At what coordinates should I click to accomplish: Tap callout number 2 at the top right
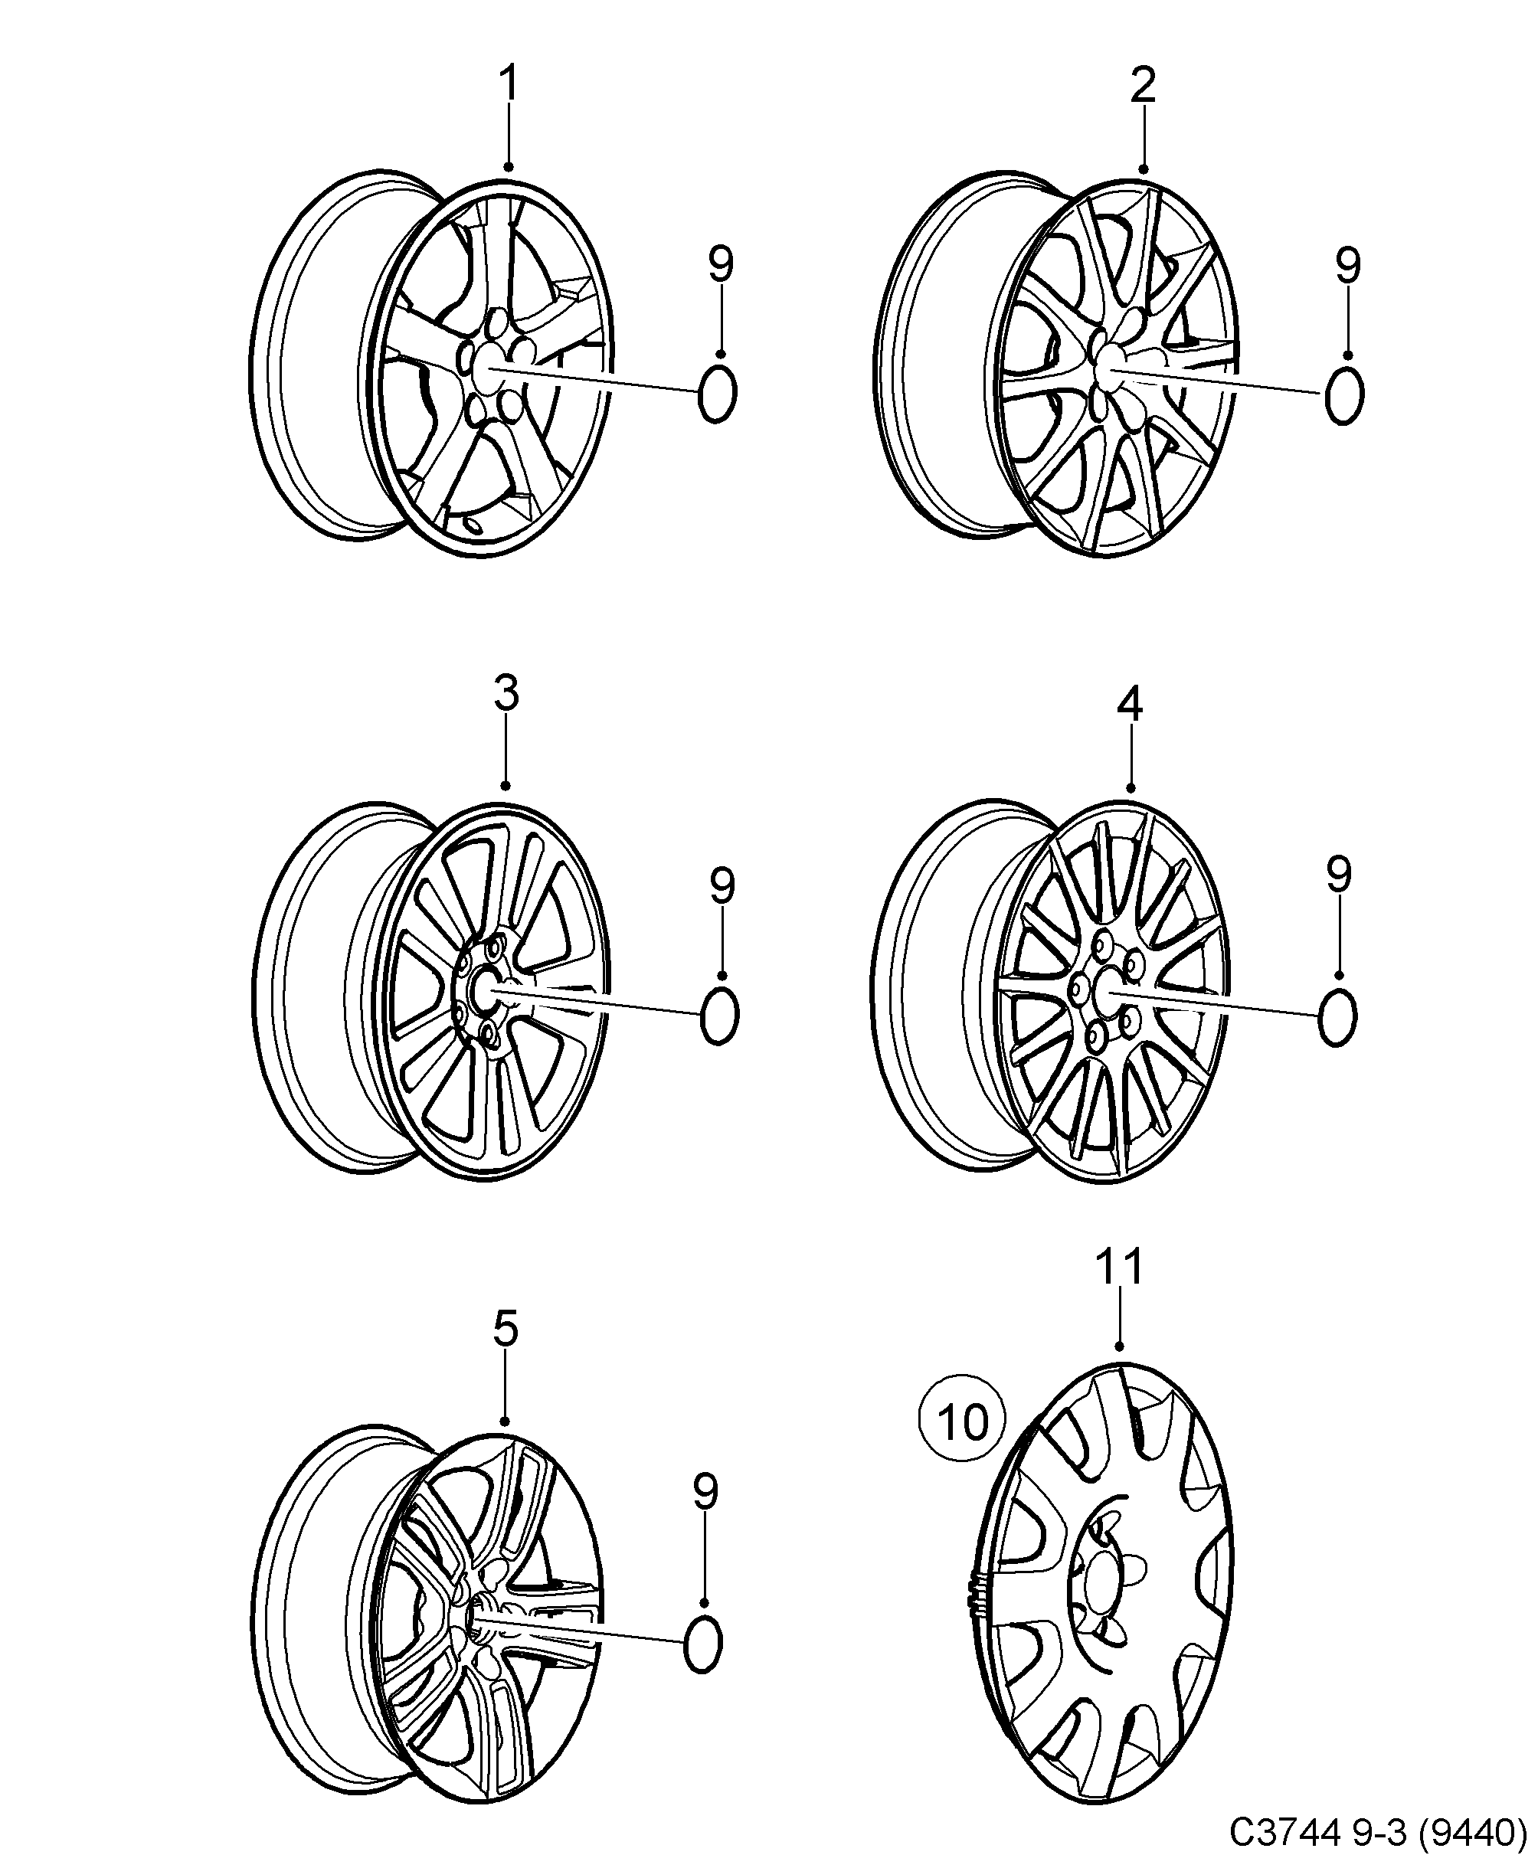pos(1142,85)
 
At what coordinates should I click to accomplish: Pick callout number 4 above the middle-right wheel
pos(1130,703)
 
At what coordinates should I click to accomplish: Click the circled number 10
pos(963,1423)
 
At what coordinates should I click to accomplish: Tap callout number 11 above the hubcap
pos(1120,1266)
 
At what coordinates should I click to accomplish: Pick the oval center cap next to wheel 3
pos(719,1016)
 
